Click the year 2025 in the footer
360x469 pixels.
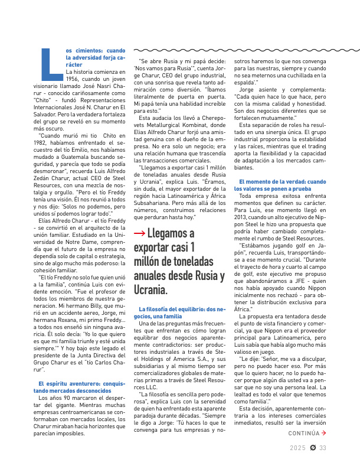tap(297, 464)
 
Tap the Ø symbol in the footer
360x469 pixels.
tap(312, 464)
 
